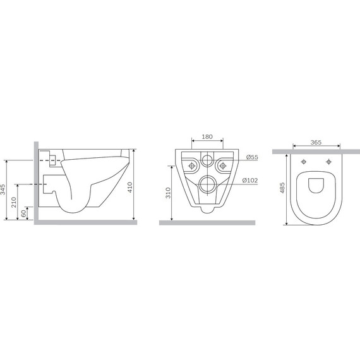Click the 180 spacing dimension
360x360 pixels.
(207, 137)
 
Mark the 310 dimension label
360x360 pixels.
(167, 193)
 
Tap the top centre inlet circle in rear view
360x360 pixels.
(207, 160)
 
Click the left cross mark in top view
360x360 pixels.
(304, 161)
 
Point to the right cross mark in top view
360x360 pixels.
(328, 161)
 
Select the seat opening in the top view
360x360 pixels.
(315, 183)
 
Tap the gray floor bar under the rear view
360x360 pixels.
(207, 222)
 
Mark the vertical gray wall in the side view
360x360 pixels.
(32, 183)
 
